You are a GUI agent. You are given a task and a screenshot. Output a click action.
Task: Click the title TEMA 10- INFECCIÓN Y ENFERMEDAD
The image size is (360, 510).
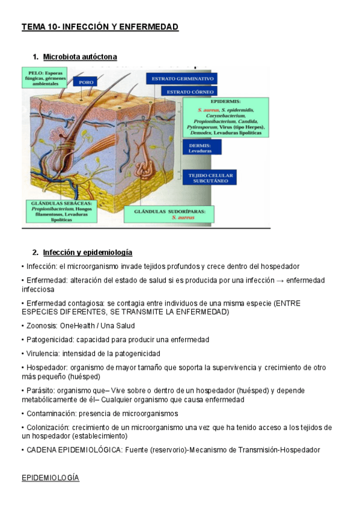coord(100,27)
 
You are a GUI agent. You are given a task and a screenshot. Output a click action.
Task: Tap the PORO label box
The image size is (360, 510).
coord(85,82)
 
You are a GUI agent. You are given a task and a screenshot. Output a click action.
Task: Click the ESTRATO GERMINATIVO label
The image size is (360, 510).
coord(182,79)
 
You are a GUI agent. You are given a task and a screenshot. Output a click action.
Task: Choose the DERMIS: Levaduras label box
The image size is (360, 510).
coord(201,147)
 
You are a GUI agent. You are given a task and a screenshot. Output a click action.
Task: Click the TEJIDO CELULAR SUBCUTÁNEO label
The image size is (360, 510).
coord(210,177)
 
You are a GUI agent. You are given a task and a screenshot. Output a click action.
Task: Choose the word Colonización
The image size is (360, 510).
coord(47,428)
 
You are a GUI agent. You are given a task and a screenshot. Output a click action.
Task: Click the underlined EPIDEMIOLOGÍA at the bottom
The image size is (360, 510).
coord(50,478)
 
